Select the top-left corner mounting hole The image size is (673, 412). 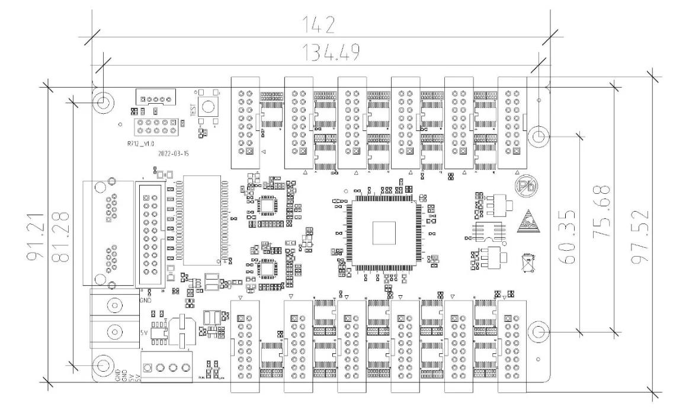point(103,101)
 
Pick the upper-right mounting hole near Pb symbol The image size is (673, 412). point(538,136)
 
